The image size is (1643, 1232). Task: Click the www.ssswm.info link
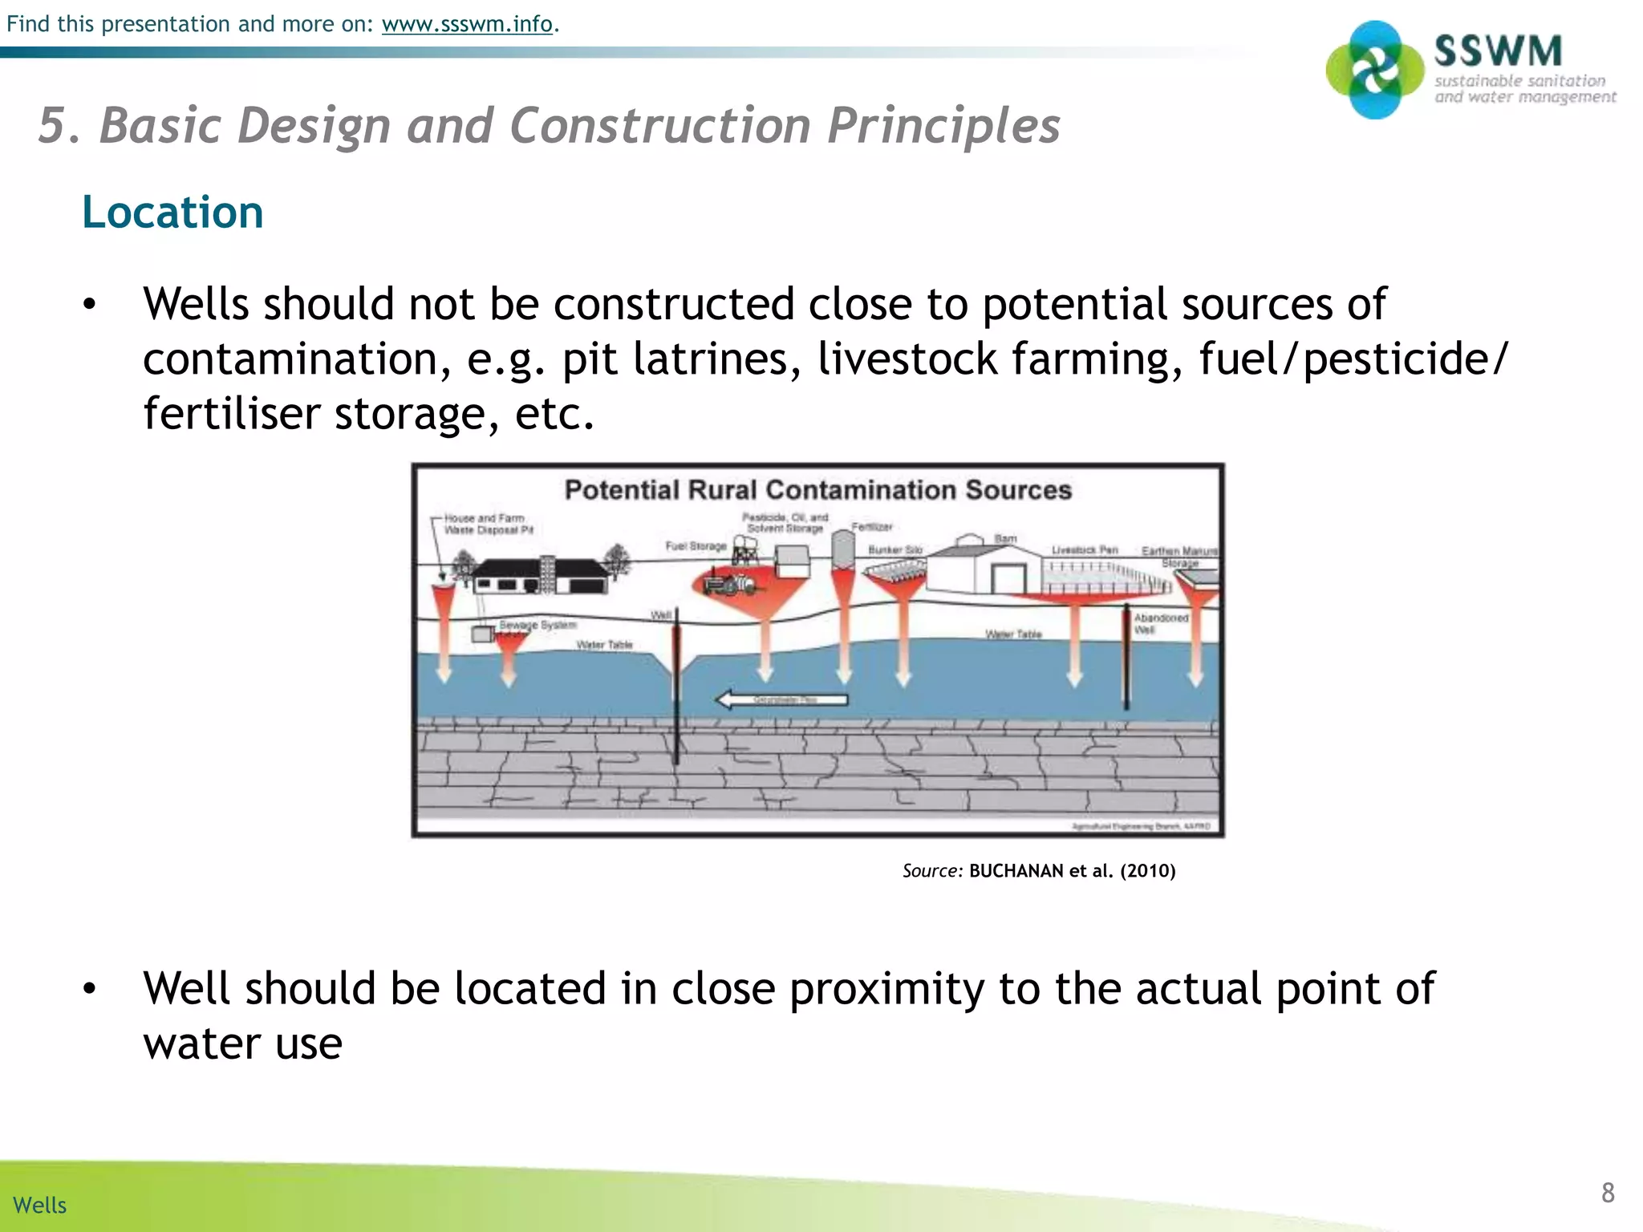pyautogui.click(x=467, y=24)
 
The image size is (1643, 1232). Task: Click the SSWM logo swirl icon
pyautogui.click(x=1375, y=71)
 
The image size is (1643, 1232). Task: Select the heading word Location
pyautogui.click(x=172, y=213)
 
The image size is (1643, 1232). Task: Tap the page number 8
pyautogui.click(x=1608, y=1193)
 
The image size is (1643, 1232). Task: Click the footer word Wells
pyautogui.click(x=40, y=1205)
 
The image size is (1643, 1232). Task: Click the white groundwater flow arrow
pyautogui.click(x=781, y=699)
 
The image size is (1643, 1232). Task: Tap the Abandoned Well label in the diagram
pyautogui.click(x=1160, y=623)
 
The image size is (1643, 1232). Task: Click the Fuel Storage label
pyautogui.click(x=696, y=546)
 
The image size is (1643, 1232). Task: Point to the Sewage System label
pyautogui.click(x=538, y=625)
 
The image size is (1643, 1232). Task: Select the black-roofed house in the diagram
pyautogui.click(x=539, y=576)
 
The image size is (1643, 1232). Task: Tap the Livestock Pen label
pyautogui.click(x=1085, y=550)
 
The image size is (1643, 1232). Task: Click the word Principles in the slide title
pyautogui.click(x=943, y=126)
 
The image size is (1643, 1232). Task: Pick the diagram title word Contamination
pyautogui.click(x=862, y=489)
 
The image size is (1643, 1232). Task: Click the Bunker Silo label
pyautogui.click(x=895, y=550)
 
